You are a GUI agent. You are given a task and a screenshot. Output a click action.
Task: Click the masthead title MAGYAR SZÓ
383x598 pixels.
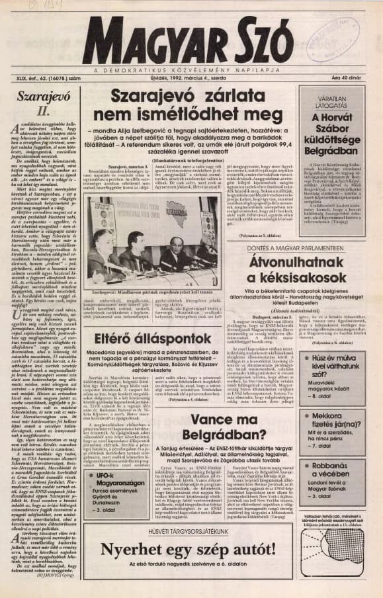tap(191, 41)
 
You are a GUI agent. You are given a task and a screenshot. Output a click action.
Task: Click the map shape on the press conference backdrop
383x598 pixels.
tap(178, 215)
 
